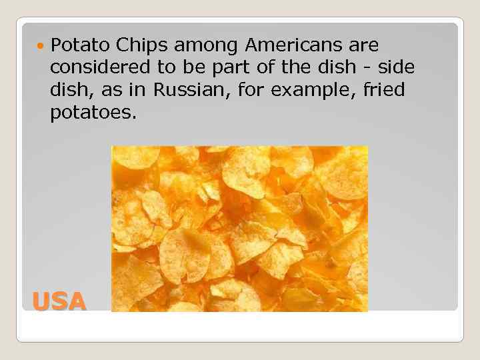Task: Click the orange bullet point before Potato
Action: (x=42, y=46)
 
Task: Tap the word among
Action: (x=206, y=47)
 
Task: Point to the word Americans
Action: (x=295, y=45)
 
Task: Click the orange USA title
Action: (x=59, y=302)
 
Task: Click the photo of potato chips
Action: (x=239, y=229)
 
